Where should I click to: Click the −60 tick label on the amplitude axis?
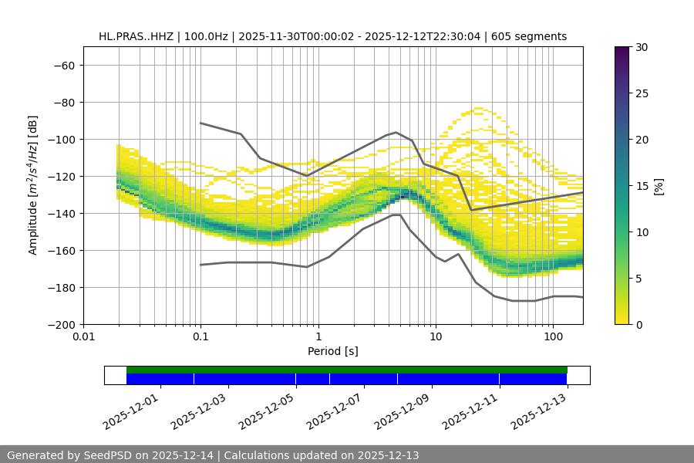click(63, 65)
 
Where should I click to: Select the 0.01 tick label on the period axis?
click(83, 337)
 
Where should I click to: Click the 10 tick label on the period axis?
click(436, 337)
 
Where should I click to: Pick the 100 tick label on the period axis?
click(553, 337)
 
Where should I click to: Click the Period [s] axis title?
click(332, 351)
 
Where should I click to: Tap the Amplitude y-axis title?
click(33, 185)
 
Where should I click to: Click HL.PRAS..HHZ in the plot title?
click(135, 36)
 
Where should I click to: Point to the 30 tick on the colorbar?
click(642, 47)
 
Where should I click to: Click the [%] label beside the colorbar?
click(659, 186)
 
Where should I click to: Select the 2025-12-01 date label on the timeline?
click(131, 410)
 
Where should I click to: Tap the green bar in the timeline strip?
click(347, 370)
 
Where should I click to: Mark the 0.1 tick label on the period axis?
click(200, 337)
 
